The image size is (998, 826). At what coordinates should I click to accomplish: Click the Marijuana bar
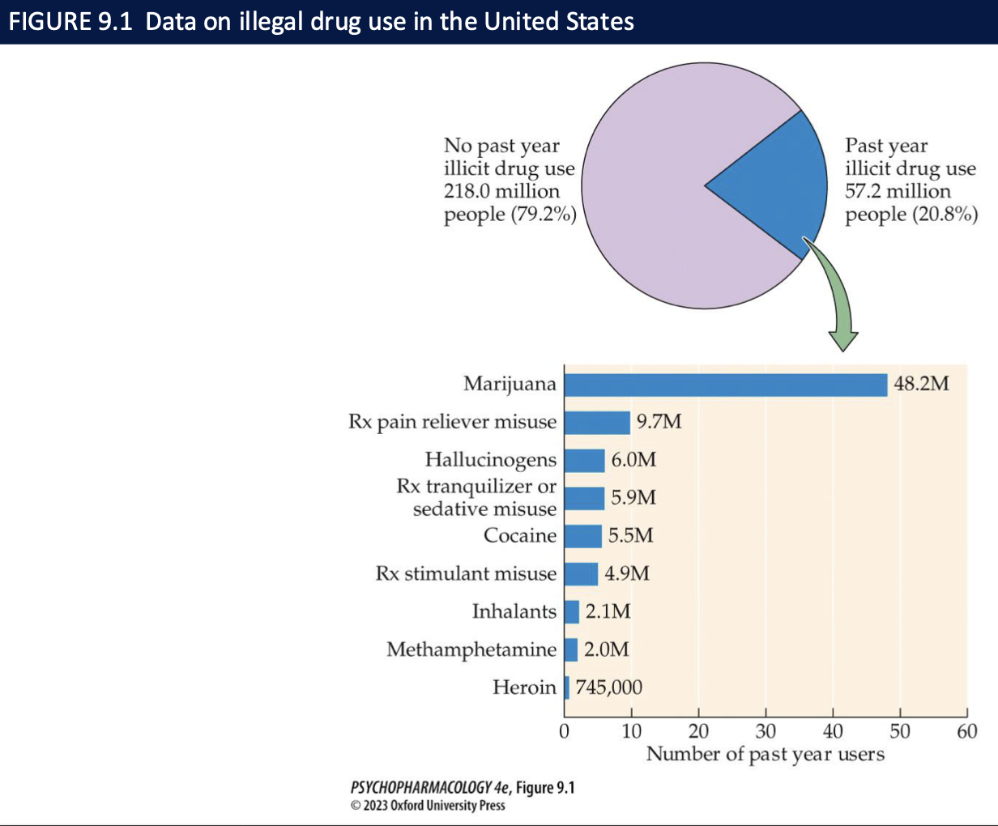[x=725, y=385]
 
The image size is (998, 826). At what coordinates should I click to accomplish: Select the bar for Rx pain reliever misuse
[x=597, y=423]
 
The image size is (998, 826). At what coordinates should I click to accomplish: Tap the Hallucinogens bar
[x=584, y=460]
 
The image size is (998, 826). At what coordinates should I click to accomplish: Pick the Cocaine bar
[x=582, y=536]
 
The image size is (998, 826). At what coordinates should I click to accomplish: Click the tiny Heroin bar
[x=567, y=688]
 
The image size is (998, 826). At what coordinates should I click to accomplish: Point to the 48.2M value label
[x=921, y=384]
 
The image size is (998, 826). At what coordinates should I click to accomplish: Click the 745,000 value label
[x=608, y=688]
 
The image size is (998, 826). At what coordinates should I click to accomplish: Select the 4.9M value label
[x=627, y=574]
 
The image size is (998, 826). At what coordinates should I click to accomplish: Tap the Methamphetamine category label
[x=471, y=649]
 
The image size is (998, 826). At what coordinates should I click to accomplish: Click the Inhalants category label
[x=514, y=611]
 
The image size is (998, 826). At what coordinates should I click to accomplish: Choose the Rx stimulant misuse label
[x=466, y=574]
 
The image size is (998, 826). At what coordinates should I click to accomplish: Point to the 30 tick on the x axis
[x=766, y=731]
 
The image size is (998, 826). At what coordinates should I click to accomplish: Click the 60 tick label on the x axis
[x=966, y=731]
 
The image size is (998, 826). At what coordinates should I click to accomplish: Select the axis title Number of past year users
[x=765, y=755]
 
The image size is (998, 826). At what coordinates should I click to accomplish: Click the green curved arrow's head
[x=843, y=340]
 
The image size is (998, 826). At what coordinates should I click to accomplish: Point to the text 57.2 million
[x=898, y=192]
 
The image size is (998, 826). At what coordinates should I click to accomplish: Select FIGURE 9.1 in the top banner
[x=70, y=21]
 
